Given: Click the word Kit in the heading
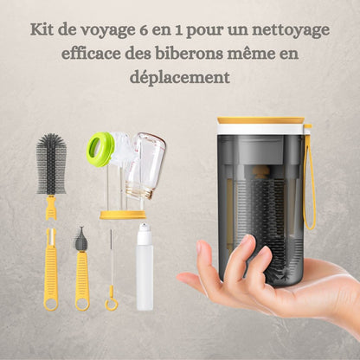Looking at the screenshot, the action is [42, 29].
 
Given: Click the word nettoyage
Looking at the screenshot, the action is [291, 31].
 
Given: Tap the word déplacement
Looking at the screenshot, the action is [180, 77].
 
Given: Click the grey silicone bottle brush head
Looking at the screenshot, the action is [51, 164].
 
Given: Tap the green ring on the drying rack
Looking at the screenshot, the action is [100, 150].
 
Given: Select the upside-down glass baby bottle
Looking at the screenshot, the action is [145, 165].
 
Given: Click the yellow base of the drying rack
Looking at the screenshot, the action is [123, 215].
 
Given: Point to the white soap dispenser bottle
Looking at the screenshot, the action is [145, 266].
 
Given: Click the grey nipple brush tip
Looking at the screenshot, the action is [81, 239].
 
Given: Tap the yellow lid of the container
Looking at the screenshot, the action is [260, 120].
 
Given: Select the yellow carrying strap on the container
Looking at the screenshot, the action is [310, 177].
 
